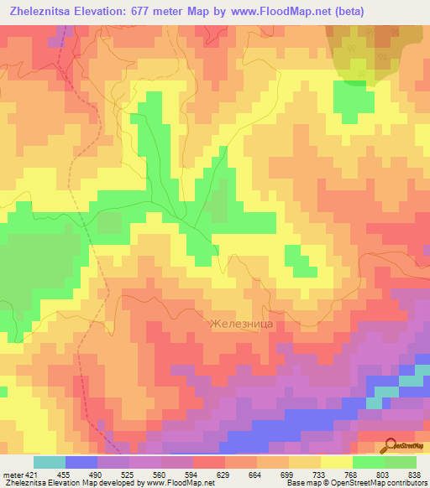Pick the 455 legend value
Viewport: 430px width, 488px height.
65,475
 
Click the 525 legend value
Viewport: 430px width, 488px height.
126,475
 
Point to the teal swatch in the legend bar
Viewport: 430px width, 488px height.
50,462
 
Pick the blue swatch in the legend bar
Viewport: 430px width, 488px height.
81,462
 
